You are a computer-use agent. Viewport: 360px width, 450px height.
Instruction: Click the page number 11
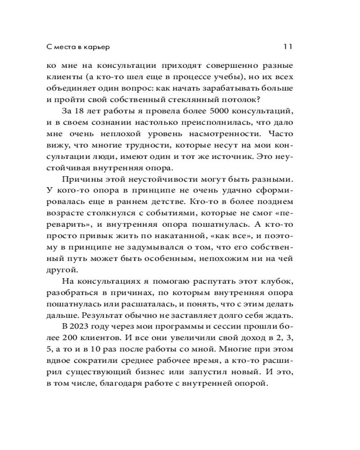pos(288,46)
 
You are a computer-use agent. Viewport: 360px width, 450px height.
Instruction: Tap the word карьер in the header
pos(97,47)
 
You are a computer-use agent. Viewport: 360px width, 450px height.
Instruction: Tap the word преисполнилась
pos(210,122)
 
